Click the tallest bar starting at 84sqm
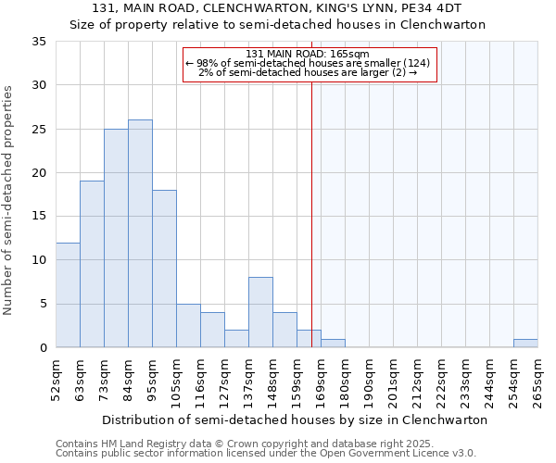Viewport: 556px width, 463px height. pyautogui.click(x=140, y=233)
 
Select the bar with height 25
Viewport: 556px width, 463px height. pyautogui.click(x=116, y=238)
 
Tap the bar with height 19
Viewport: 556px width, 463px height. pyautogui.click(x=92, y=264)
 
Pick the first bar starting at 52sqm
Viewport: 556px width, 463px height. pyautogui.click(x=68, y=294)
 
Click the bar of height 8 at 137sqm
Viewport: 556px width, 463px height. pyautogui.click(x=260, y=312)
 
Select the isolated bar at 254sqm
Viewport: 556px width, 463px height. pyautogui.click(x=525, y=343)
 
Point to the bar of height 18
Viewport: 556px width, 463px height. pyautogui.click(x=164, y=269)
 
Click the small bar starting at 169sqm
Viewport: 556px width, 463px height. pyautogui.click(x=333, y=343)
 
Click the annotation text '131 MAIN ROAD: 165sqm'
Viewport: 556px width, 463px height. pyautogui.click(x=309, y=54)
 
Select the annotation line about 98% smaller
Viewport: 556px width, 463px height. pyautogui.click(x=309, y=63)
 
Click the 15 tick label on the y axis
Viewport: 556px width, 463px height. pyautogui.click(x=39, y=217)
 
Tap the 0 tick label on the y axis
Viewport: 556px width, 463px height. pyautogui.click(x=43, y=348)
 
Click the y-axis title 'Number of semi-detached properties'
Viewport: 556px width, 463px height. pyautogui.click(x=8, y=200)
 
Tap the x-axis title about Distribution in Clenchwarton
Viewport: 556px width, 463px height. pyautogui.click(x=295, y=419)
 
